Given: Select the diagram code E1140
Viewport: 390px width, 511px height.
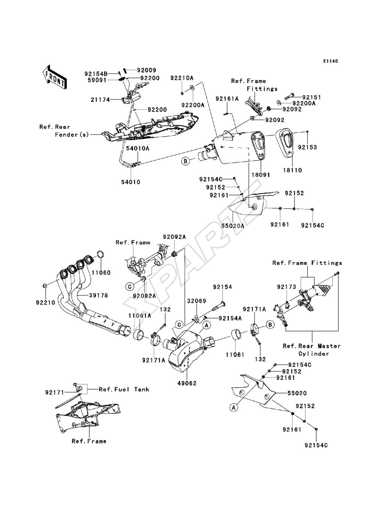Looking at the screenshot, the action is pyautogui.click(x=330, y=61).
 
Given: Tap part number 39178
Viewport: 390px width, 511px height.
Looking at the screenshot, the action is pyautogui.click(x=99, y=295).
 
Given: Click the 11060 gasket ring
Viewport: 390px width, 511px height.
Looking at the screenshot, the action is pyautogui.click(x=100, y=255).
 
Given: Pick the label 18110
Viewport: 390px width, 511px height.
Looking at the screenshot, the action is pyautogui.click(x=292, y=170).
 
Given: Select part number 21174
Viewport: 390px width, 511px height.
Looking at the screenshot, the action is pyautogui.click(x=100, y=100).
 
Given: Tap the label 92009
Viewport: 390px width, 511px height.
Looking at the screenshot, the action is pyautogui.click(x=147, y=70).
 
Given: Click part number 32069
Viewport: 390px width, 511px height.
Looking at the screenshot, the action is pyautogui.click(x=197, y=301).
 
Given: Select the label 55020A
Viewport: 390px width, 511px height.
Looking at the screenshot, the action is pyautogui.click(x=233, y=225).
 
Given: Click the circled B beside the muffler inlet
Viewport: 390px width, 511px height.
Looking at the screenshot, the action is pyautogui.click(x=186, y=161).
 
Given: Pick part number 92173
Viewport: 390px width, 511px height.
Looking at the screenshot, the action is pyautogui.click(x=287, y=287).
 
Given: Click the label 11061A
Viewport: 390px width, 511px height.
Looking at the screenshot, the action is pyautogui.click(x=140, y=316).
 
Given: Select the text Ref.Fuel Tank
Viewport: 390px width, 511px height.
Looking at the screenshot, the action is pyautogui.click(x=124, y=389).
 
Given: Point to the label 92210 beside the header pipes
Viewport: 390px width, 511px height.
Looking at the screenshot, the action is pyautogui.click(x=46, y=303).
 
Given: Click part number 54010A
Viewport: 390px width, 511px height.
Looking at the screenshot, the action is pyautogui.click(x=138, y=148).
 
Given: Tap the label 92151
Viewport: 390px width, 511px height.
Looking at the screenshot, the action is pyautogui.click(x=311, y=97).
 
